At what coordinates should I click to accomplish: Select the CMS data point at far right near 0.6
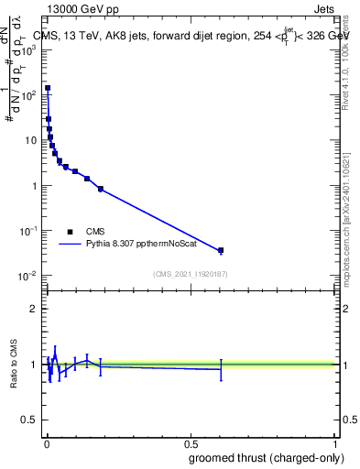point(221,250)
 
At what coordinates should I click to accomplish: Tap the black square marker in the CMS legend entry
point(70,232)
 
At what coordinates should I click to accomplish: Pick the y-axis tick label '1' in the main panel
point(35,186)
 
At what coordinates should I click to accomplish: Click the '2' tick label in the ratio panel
point(35,309)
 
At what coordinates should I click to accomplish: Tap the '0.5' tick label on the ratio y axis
point(30,420)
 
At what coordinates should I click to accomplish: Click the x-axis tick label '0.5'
point(191,443)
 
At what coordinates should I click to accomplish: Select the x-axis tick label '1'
point(334,443)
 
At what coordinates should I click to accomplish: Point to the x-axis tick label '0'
point(47,443)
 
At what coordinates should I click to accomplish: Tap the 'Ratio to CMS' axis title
point(14,365)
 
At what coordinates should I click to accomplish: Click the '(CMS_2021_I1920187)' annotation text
point(190,274)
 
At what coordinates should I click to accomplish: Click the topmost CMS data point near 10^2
point(48,88)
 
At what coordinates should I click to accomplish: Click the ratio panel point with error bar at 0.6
point(221,369)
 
